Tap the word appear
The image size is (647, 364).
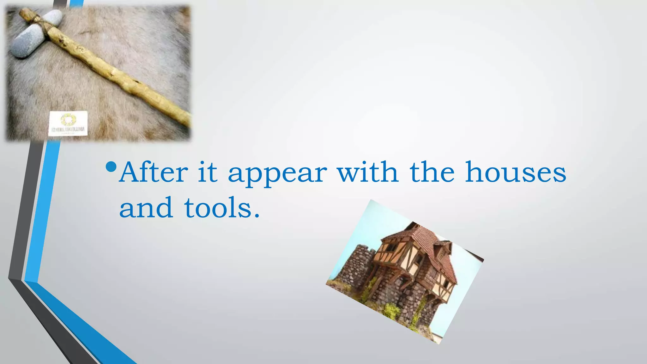[x=277, y=174]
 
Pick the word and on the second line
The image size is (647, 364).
[x=146, y=208]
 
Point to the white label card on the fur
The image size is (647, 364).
[x=68, y=124]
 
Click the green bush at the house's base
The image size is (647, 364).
[x=392, y=311]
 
